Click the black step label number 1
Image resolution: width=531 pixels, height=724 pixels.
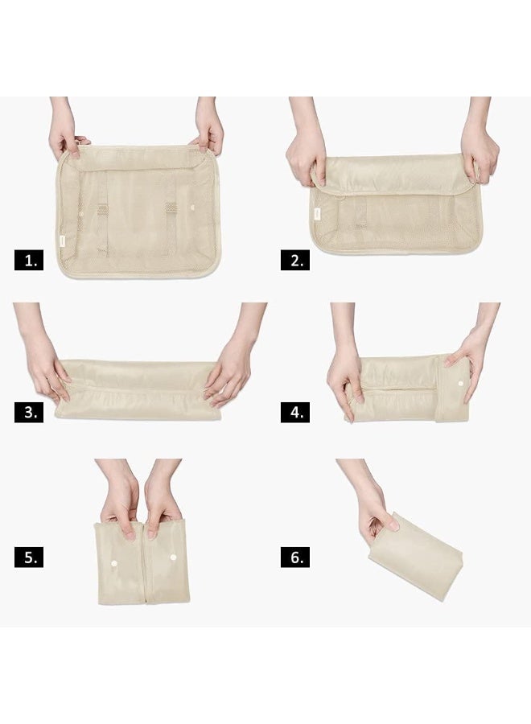click(x=29, y=261)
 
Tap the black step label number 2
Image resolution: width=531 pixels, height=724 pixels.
click(x=294, y=261)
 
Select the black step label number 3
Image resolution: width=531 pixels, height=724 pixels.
click(x=29, y=413)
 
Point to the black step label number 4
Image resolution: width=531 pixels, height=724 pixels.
click(x=294, y=413)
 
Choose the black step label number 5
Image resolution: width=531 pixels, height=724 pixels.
click(x=29, y=557)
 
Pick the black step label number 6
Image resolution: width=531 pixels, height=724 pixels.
click(x=294, y=557)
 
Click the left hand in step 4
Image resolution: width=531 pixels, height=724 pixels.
click(x=346, y=381)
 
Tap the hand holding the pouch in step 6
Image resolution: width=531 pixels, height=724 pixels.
click(x=376, y=515)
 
